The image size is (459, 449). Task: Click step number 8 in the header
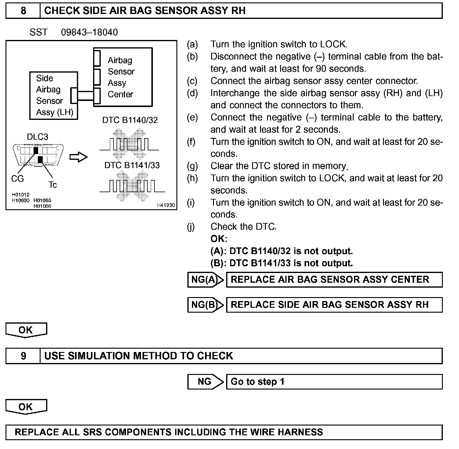(23, 11)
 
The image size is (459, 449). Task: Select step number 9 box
(23, 356)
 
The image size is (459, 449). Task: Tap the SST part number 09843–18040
(89, 32)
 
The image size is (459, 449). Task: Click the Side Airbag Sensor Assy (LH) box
(53, 95)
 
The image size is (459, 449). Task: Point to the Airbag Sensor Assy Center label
(121, 77)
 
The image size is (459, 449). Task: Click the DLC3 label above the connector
(38, 137)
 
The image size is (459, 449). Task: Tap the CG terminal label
(17, 178)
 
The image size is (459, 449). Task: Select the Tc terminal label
(52, 185)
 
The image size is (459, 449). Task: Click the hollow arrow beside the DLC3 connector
(78, 157)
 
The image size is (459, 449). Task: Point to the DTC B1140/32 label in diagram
(130, 120)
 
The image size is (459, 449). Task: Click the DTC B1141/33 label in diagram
(132, 165)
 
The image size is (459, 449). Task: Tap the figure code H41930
(166, 205)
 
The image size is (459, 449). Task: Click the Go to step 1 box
(334, 382)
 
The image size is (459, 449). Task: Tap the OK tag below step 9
(26, 407)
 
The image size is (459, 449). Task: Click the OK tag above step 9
(26, 330)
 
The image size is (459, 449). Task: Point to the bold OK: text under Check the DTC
(219, 239)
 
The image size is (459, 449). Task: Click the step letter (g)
(192, 166)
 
